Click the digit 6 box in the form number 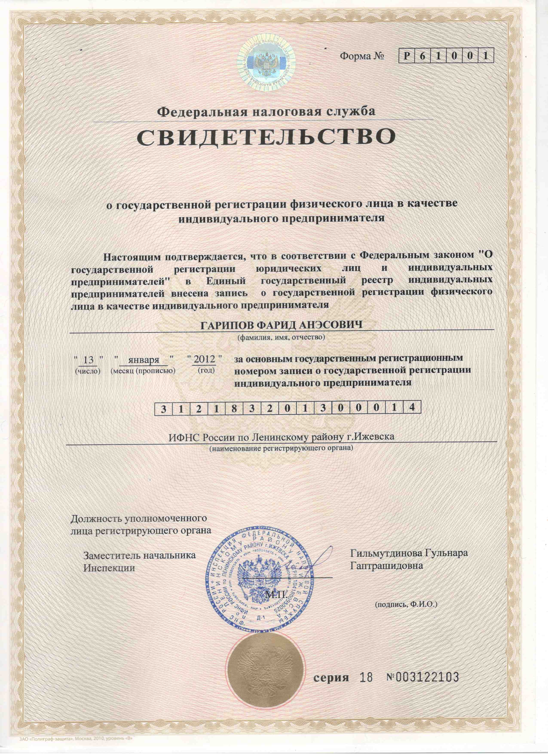(x=422, y=56)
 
